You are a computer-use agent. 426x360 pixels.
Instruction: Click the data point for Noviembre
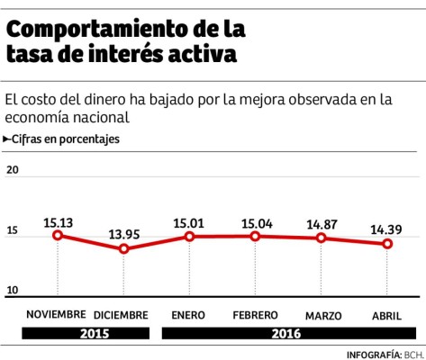coord(58,235)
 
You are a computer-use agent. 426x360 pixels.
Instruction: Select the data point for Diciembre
coord(123,248)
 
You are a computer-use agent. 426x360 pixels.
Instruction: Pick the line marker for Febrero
coord(255,236)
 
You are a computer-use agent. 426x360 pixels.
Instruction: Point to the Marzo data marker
coord(322,238)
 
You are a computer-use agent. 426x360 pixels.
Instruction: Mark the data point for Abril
coord(387,244)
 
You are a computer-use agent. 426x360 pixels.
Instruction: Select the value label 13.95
coord(123,231)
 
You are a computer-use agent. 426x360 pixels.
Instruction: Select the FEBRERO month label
coord(255,315)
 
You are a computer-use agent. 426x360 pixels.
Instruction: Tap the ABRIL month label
coord(387,315)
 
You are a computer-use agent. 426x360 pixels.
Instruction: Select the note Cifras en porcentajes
coord(64,139)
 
